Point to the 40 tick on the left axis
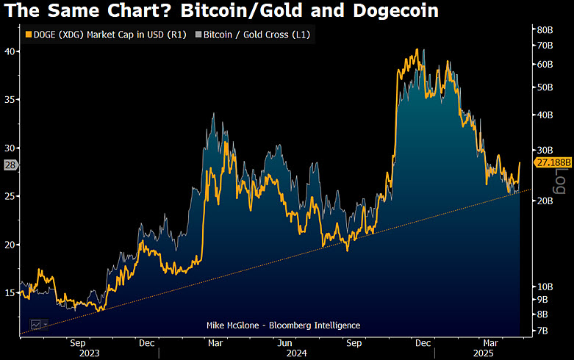click(x=10, y=51)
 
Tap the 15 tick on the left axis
click(x=10, y=293)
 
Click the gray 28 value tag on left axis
click(x=10, y=165)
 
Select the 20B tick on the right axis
click(x=545, y=201)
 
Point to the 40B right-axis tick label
click(x=545, y=115)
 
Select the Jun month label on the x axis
click(x=285, y=342)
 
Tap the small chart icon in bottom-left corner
click(x=35, y=324)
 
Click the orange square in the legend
click(x=29, y=34)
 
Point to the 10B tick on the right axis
click(x=545, y=286)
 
